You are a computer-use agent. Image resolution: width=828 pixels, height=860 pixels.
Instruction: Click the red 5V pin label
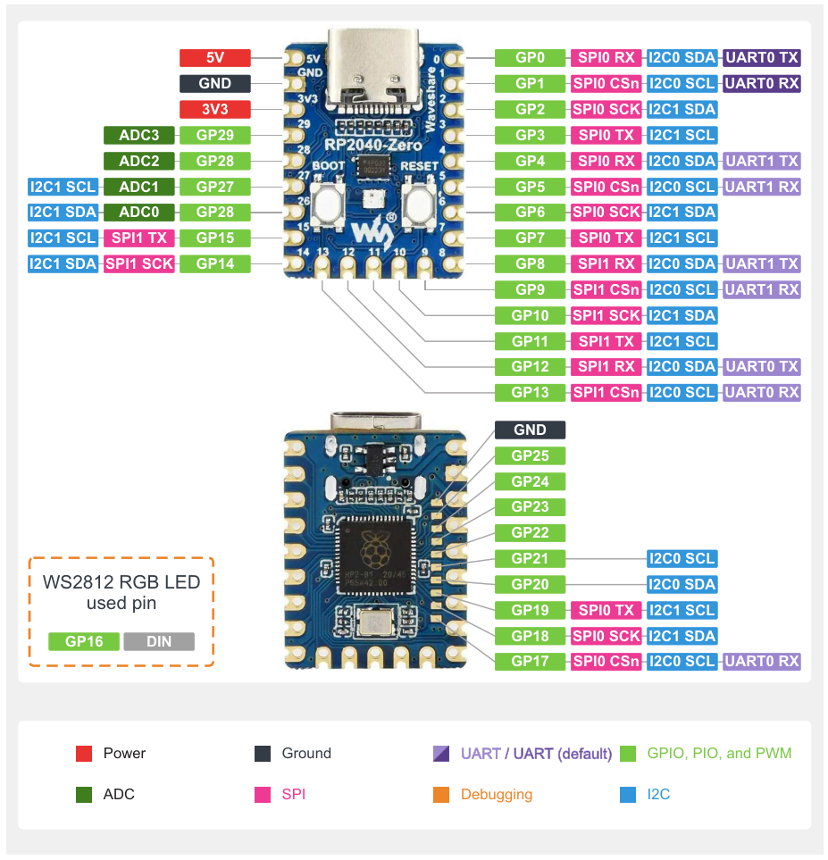point(215,58)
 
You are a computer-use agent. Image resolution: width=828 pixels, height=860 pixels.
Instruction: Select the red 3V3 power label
point(215,110)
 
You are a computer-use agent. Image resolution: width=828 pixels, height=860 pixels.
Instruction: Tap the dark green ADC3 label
point(138,136)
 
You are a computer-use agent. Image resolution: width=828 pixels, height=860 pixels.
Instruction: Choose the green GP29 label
point(215,136)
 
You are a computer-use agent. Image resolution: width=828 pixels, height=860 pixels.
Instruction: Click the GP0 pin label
point(530,58)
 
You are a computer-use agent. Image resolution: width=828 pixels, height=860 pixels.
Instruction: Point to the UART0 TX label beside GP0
point(762,58)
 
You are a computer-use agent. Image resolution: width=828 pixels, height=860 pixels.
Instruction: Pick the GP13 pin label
point(530,392)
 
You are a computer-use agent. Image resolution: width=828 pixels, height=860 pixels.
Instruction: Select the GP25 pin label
point(530,455)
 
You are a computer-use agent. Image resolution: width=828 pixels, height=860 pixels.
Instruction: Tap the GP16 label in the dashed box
point(84,641)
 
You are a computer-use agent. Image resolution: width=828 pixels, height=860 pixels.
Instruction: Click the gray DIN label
point(159,641)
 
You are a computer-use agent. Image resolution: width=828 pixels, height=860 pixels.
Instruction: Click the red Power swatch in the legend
point(85,754)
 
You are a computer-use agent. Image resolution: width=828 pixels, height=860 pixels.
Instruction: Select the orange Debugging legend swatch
point(440,795)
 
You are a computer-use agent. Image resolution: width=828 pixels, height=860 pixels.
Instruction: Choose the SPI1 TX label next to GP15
point(138,238)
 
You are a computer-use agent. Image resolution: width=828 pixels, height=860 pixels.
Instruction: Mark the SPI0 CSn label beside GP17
point(606,662)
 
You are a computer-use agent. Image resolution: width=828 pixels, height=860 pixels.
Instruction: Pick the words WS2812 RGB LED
point(121,582)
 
